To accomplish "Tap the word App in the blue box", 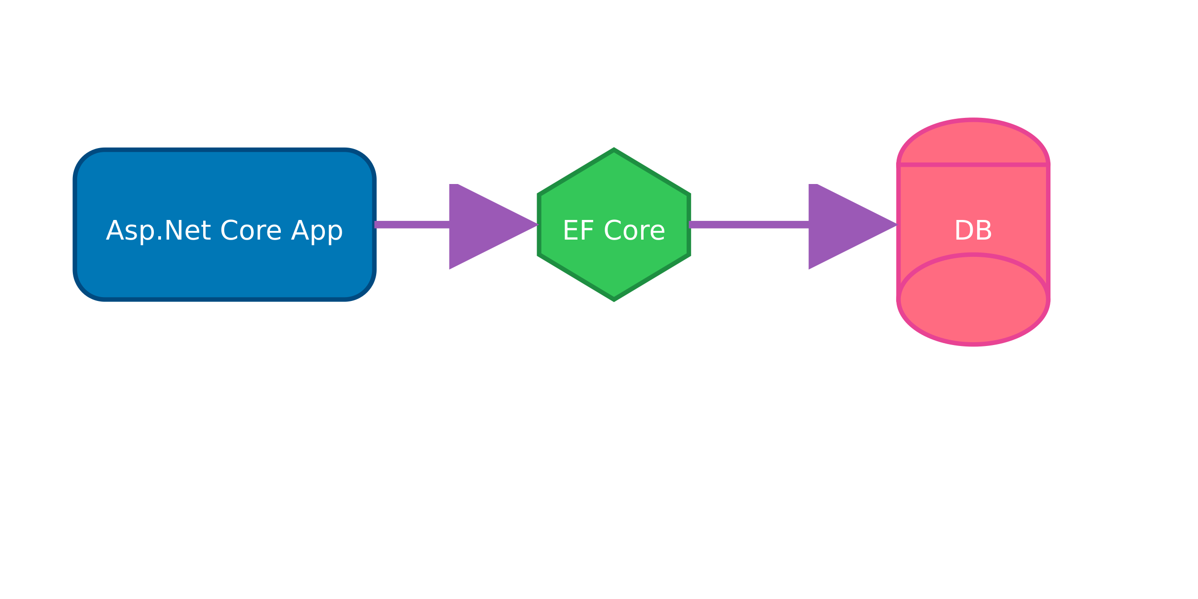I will (x=317, y=231).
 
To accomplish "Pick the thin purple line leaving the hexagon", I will (x=748, y=224).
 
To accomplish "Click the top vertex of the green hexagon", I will (x=614, y=150).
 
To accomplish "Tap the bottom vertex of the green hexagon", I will (x=614, y=299).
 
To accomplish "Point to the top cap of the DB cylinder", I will (x=973, y=142).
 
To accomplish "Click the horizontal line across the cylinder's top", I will (x=973, y=165).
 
